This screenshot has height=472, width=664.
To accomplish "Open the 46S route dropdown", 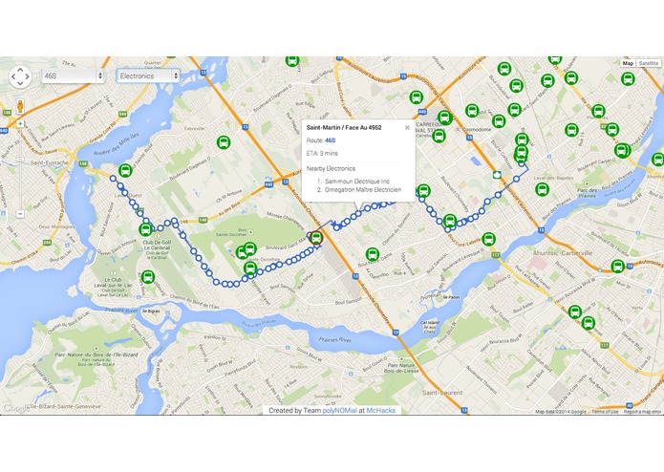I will pos(72,75).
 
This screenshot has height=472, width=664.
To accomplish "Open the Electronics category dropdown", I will pos(148,75).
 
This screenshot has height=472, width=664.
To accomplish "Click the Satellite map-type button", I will pos(649,63).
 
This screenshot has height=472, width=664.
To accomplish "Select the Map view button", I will pos(628,63).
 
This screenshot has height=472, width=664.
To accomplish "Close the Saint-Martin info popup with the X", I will pos(407,127).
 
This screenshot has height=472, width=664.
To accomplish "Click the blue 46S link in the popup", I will pos(331,139).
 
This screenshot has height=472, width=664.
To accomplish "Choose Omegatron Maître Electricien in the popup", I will pos(362,189).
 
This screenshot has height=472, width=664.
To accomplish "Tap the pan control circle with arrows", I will pos(20,76).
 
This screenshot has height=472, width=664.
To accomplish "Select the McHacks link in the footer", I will pos(381,410).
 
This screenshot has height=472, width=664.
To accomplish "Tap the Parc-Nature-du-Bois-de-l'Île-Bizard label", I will pos(89,361).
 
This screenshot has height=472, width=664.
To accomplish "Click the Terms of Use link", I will pos(605,412).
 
